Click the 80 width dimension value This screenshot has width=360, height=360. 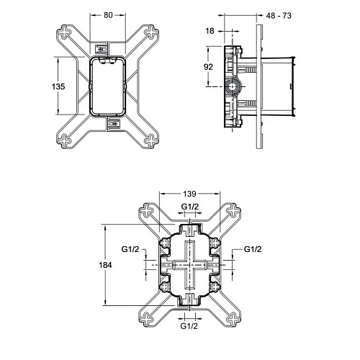click(x=108, y=14)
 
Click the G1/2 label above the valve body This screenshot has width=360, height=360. click(x=191, y=208)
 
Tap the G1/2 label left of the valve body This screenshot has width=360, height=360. click(x=130, y=249)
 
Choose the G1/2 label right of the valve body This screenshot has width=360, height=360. click(x=253, y=249)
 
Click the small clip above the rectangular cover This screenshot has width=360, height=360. click(x=102, y=49)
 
